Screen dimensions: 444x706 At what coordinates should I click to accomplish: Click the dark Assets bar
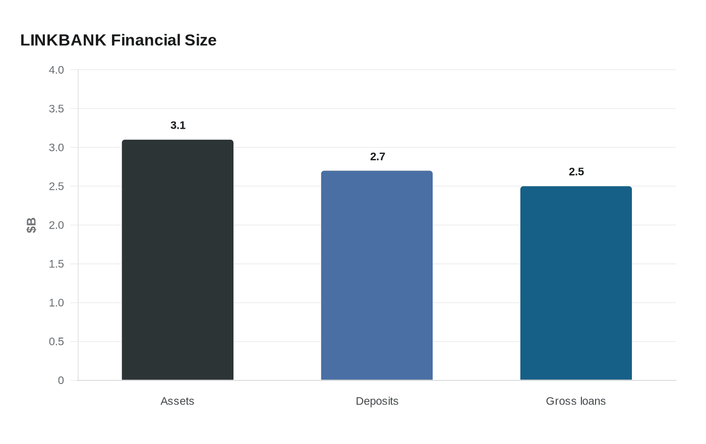tap(178, 260)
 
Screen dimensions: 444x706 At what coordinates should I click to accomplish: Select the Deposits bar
tap(377, 275)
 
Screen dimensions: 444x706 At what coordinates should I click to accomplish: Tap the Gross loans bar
tap(576, 283)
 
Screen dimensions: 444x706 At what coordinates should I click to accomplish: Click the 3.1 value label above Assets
tap(178, 126)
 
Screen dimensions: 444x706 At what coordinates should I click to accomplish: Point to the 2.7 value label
tap(377, 157)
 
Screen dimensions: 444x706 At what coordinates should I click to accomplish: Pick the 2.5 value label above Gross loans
tap(576, 172)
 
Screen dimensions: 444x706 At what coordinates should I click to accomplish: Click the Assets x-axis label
tap(178, 401)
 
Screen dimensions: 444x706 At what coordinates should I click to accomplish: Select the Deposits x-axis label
tap(377, 401)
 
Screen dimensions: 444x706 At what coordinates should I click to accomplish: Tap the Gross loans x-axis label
tap(576, 401)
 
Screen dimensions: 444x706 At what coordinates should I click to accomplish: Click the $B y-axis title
tap(31, 225)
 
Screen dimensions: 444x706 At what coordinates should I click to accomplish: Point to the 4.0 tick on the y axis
tap(56, 70)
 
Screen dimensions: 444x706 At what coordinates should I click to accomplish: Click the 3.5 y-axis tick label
tap(56, 109)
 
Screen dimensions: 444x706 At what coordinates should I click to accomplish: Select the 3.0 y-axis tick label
tap(56, 148)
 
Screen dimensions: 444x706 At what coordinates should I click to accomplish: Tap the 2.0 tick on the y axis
tap(56, 226)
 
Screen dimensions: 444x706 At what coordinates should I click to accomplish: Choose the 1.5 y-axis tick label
tap(56, 264)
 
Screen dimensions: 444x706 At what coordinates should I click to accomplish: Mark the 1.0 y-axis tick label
tap(56, 303)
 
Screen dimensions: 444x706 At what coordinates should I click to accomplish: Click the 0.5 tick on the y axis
tap(56, 342)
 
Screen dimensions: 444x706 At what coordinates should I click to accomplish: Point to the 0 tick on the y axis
tap(61, 381)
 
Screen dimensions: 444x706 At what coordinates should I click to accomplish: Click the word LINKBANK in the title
tap(63, 40)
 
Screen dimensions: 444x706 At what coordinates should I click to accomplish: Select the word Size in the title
tap(200, 40)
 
